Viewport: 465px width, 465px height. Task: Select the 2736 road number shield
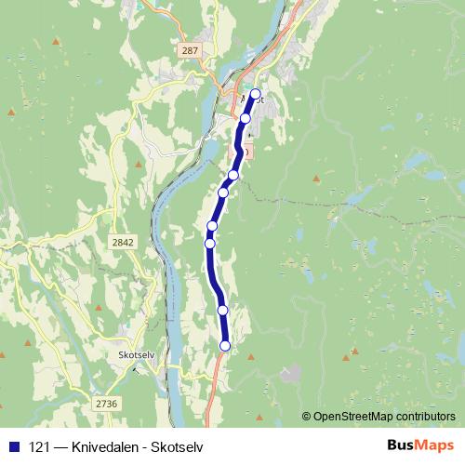pos(107,403)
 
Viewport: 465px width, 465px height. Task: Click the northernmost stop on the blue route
pos(255,94)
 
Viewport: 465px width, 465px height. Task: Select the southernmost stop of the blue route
pos(224,346)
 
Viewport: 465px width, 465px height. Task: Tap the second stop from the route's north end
pos(246,118)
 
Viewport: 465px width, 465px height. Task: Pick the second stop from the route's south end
pos(222,310)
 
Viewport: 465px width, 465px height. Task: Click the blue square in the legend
pos(13,446)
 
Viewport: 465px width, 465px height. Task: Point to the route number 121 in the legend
pos(37,446)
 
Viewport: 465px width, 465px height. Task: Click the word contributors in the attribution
pos(425,416)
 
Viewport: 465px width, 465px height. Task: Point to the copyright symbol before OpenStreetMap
pos(307,416)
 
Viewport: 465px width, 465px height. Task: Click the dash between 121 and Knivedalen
pos(60,446)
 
